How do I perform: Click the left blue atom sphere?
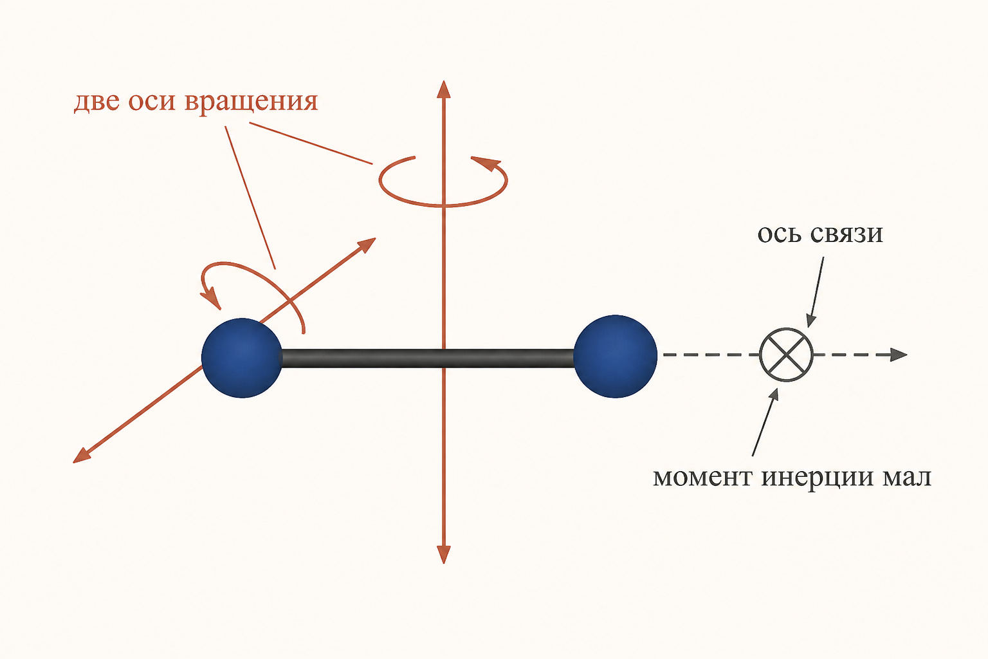242,358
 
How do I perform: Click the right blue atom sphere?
616,356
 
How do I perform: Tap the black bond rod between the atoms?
428,358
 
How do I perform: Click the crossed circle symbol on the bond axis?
786,355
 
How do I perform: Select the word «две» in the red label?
96,102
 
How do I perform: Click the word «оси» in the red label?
152,102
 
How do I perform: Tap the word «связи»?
846,234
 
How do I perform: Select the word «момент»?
702,478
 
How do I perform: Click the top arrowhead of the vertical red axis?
443,89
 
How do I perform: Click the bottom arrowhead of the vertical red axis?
444,554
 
